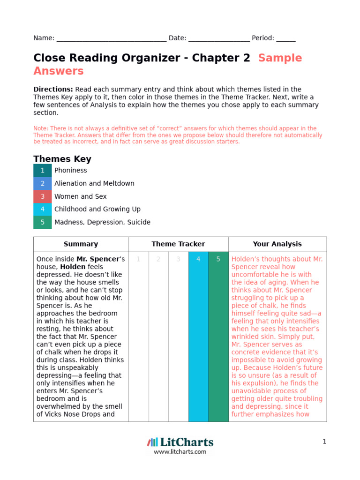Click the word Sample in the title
(x=280, y=58)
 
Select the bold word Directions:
(x=53, y=89)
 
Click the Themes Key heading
(x=62, y=159)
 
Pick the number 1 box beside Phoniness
(x=43, y=171)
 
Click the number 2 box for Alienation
(x=43, y=183)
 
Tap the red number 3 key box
(x=43, y=196)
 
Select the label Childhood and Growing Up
(x=97, y=209)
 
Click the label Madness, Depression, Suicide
(x=102, y=222)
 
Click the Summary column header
(x=81, y=244)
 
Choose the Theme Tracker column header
(x=178, y=244)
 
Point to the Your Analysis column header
(x=277, y=244)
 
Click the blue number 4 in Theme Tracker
(x=198, y=259)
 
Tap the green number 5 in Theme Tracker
(x=218, y=259)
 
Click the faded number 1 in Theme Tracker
(x=138, y=259)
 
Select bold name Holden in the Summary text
(x=72, y=267)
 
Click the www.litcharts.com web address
(x=180, y=452)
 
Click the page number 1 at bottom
(x=324, y=442)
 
